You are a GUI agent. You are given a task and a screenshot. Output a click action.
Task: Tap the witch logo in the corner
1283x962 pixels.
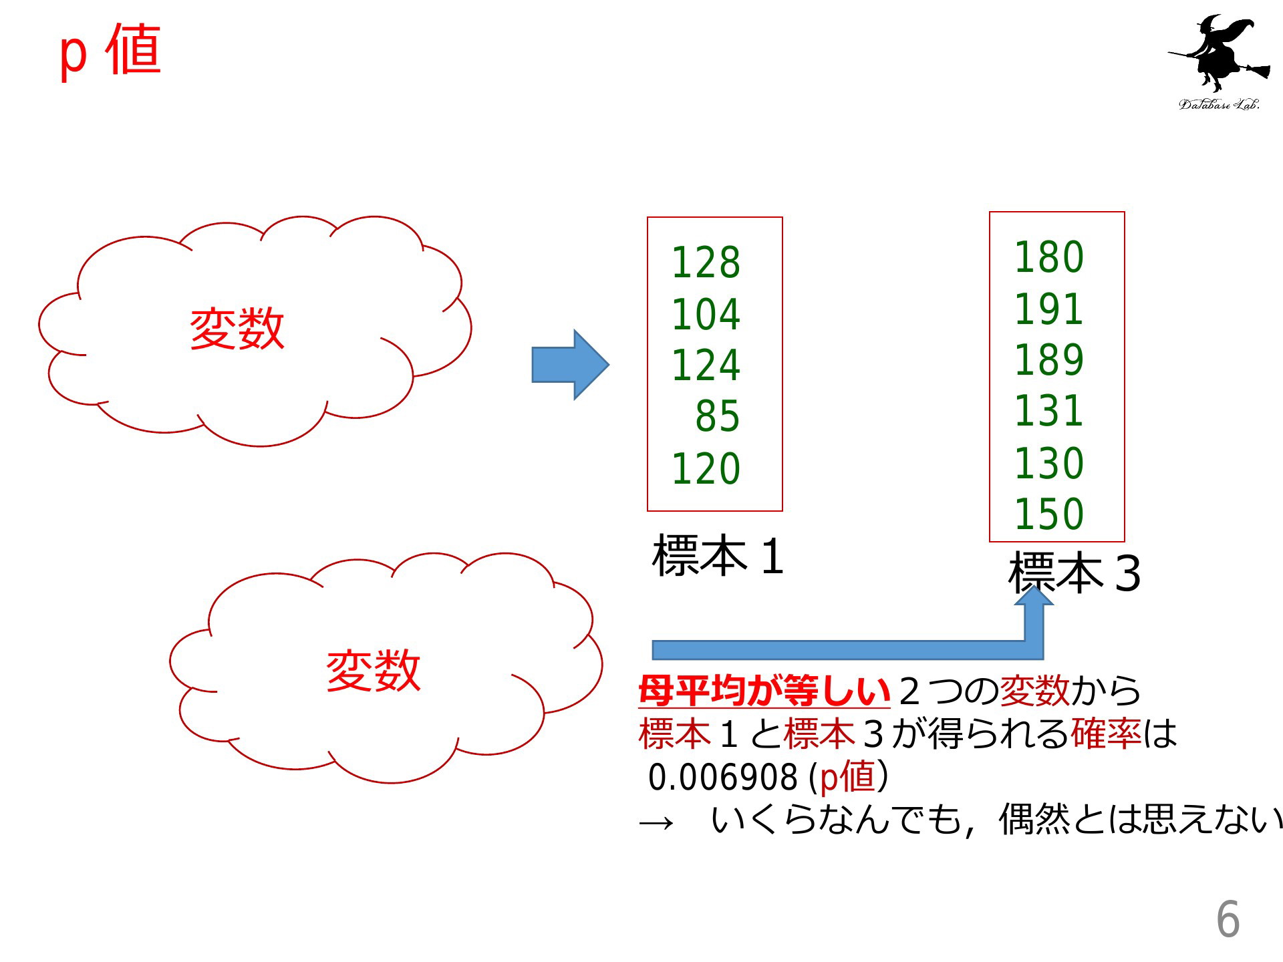1219,61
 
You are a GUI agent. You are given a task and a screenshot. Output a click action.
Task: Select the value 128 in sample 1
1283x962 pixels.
706,263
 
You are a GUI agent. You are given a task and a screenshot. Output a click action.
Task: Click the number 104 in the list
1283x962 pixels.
706,314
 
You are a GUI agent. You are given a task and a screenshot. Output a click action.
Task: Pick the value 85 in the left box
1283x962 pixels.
718,417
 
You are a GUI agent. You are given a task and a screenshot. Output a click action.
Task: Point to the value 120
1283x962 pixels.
706,468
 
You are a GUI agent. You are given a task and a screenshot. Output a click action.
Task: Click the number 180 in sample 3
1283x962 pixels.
1048,257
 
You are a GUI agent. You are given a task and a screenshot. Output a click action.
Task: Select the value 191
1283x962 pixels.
1048,309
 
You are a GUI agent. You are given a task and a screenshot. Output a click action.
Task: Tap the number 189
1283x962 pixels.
1048,360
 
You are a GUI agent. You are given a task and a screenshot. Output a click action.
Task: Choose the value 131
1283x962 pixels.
1048,411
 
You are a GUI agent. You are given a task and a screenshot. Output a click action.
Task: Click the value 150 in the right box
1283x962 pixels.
1048,514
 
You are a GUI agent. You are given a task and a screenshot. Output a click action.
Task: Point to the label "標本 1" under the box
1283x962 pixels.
718,556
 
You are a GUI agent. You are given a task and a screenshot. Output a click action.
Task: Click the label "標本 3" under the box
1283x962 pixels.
1074,573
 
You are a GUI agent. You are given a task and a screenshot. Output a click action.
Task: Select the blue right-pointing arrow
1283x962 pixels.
570,365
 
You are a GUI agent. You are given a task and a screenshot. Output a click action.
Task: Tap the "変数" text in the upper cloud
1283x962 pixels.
237,329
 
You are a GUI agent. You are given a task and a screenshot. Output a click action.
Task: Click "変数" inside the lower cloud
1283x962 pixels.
374,671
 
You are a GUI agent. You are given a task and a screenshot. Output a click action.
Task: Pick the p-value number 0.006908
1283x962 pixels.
722,777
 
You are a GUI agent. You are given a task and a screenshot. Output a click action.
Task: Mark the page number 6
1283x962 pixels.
1228,919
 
